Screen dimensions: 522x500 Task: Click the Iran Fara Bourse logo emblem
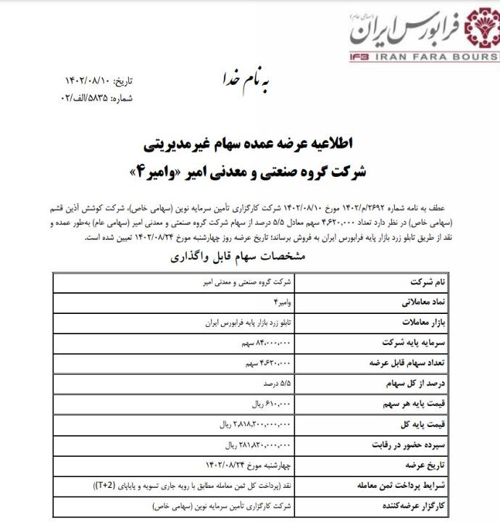click(x=478, y=30)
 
